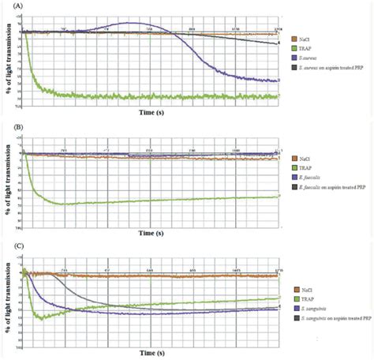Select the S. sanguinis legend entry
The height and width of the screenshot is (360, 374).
coord(312,309)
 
